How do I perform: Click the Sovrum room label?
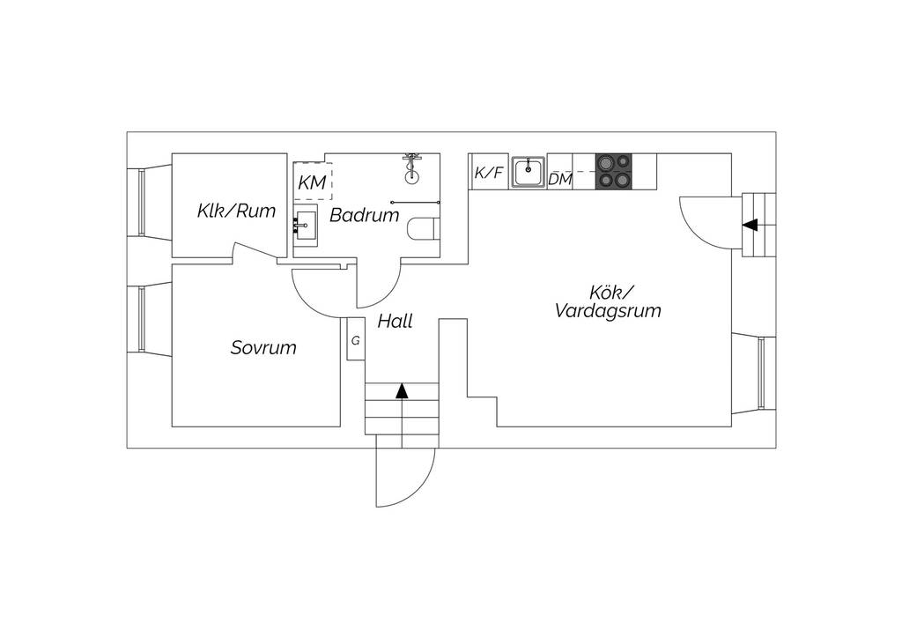tap(263, 347)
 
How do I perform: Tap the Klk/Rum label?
tap(236, 211)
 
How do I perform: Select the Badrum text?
tap(364, 215)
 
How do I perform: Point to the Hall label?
tap(396, 321)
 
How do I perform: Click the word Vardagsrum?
tap(608, 311)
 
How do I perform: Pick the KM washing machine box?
tap(313, 182)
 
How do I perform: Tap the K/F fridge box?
tap(489, 172)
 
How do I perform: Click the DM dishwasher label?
tap(559, 180)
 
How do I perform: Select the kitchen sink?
tap(529, 172)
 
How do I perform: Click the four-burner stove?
tap(613, 172)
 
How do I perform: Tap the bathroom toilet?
tap(424, 229)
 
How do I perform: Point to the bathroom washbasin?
tap(306, 226)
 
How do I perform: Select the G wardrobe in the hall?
tap(356, 339)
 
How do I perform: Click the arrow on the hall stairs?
tap(402, 391)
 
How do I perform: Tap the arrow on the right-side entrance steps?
tap(750, 225)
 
